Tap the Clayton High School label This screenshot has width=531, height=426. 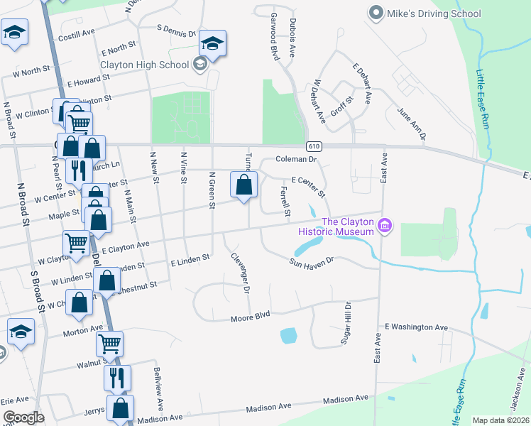coord(145,65)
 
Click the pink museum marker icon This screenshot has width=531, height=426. coord(385,226)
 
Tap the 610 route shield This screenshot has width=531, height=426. coord(313,146)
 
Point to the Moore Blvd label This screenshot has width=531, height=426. coord(250,319)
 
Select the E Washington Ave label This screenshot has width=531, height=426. coord(416,327)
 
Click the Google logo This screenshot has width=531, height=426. coord(23,417)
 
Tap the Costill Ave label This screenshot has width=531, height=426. coord(77,35)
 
